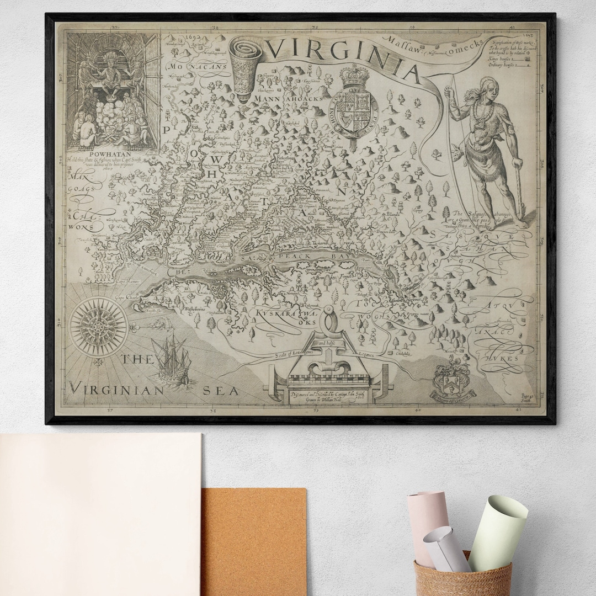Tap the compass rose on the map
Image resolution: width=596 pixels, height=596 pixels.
coord(99,324)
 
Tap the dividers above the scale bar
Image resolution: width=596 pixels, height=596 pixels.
coord(331,326)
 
